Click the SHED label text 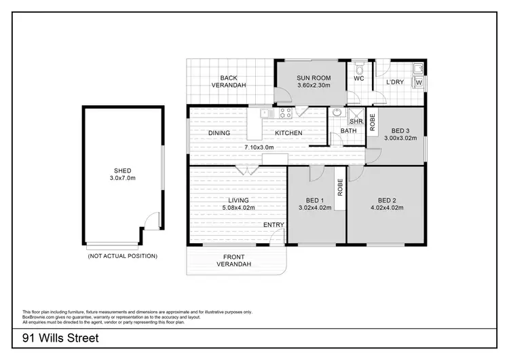[122, 170]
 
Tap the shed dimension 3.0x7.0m [122, 178]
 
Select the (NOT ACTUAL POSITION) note [122, 256]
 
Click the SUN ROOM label [313, 78]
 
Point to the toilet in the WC [359, 69]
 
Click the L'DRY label [395, 83]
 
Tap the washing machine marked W [418, 83]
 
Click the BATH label [348, 130]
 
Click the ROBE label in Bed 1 [339, 187]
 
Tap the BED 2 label [387, 200]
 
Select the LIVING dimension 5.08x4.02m [238, 208]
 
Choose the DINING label [219, 132]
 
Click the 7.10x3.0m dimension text [259, 147]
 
